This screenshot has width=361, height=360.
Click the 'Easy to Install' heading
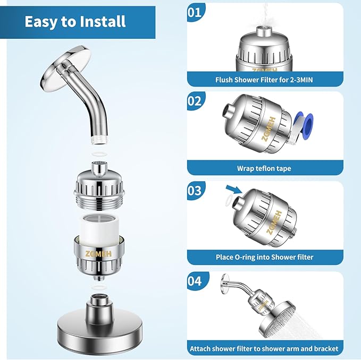74,22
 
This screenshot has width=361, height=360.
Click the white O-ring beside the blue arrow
229,201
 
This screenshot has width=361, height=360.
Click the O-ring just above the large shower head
97,287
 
